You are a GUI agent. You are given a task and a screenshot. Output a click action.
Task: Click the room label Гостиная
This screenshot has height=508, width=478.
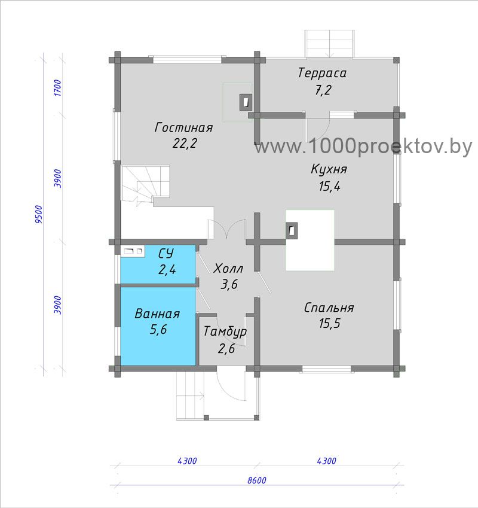click(x=183, y=127)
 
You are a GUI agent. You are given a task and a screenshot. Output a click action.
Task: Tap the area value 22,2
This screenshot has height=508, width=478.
click(x=185, y=143)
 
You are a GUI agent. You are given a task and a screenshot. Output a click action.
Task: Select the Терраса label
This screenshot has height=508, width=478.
click(x=322, y=73)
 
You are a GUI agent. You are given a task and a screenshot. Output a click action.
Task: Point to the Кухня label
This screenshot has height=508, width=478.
click(x=329, y=169)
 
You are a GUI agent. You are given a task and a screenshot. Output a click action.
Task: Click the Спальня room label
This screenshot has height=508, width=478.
click(x=329, y=308)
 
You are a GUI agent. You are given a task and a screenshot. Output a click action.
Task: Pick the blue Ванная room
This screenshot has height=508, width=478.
click(x=158, y=326)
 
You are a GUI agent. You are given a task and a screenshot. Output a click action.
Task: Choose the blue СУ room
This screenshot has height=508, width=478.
click(x=158, y=264)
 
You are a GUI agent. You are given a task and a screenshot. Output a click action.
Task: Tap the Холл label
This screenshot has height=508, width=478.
click(x=228, y=269)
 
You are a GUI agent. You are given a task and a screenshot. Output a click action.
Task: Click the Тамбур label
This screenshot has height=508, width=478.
click(x=225, y=332)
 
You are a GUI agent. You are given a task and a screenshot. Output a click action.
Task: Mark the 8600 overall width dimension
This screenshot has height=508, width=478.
click(x=257, y=480)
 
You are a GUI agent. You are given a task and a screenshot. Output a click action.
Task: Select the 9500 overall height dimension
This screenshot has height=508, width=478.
click(x=38, y=214)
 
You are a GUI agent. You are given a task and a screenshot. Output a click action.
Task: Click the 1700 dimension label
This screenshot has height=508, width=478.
click(x=57, y=87)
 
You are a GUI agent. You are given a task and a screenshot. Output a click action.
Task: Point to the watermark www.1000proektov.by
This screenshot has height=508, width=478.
click(x=363, y=147)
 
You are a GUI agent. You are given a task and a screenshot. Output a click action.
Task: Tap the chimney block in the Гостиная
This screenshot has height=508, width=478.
click(x=246, y=102)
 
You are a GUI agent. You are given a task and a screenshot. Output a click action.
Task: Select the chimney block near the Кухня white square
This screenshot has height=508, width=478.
click(x=292, y=230)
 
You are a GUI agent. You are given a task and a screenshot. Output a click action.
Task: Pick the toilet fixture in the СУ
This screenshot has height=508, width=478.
click(x=133, y=251)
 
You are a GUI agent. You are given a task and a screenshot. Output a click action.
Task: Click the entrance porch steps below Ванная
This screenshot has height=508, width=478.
click(x=191, y=396)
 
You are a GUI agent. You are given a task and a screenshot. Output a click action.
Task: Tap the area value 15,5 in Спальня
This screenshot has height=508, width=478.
click(x=330, y=323)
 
